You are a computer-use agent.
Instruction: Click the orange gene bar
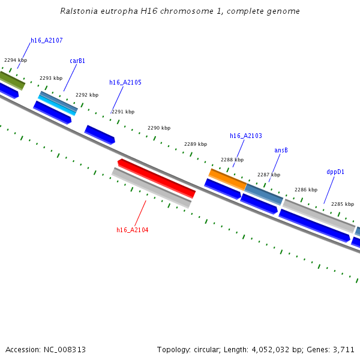pos(227,179)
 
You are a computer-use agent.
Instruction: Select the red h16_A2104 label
pos(133,230)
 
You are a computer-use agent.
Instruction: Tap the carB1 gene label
pos(77,61)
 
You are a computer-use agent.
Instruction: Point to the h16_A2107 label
pos(47,41)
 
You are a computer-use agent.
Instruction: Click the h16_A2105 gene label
pos(125,82)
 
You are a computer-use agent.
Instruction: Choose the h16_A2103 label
pos(246,136)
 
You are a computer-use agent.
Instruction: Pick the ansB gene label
pos(281,150)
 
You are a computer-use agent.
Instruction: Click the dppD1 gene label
pos(335,172)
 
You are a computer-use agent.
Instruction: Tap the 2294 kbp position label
pos(16,61)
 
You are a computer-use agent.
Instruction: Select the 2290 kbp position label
pos(159,128)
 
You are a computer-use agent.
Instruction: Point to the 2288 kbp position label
pos(232,160)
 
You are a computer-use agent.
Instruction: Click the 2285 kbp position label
pos(343,204)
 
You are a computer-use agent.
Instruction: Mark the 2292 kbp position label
pos(87,95)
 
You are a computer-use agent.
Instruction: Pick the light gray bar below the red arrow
pos(151,188)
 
